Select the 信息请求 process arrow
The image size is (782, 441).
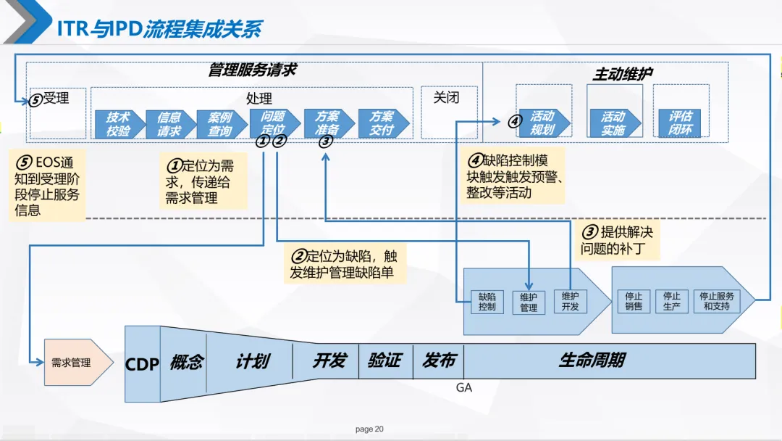[169, 124]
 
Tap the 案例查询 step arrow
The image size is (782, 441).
[220, 124]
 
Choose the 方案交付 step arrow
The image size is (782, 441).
[382, 123]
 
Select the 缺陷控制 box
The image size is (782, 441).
[487, 302]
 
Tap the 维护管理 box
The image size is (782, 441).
[529, 302]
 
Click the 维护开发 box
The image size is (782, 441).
[571, 302]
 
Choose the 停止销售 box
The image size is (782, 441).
[634, 302]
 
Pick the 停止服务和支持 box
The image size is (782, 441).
[718, 302]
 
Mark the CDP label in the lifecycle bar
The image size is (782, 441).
[142, 364]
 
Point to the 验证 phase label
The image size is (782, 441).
[384, 360]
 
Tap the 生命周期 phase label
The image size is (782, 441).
[592, 360]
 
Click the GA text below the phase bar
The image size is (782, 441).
[464, 388]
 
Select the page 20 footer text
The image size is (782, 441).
[369, 429]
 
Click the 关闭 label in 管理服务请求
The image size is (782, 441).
[446, 97]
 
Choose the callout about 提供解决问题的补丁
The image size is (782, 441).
[617, 241]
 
